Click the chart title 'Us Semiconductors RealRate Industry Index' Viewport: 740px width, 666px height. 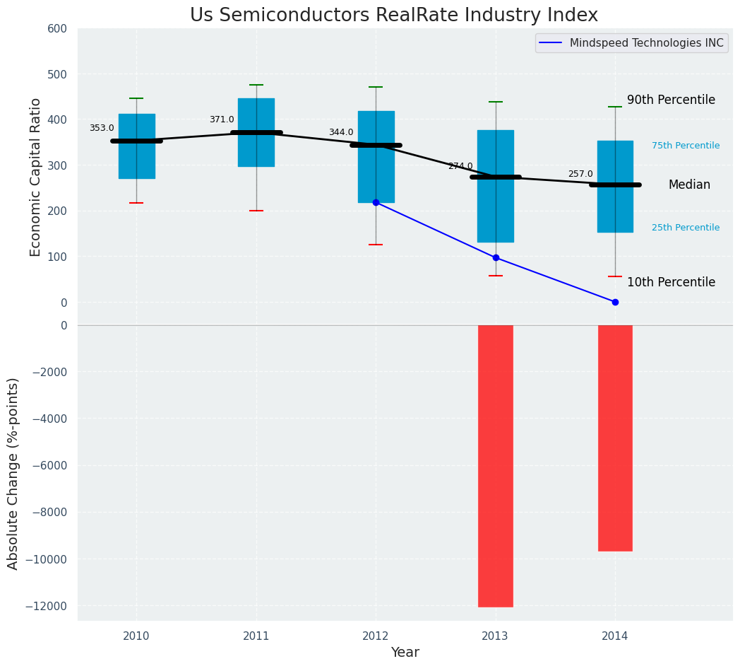(x=393, y=16)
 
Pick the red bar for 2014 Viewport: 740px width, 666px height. (x=615, y=438)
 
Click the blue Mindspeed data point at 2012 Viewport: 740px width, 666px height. (x=376, y=202)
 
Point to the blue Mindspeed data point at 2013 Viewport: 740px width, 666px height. (x=496, y=257)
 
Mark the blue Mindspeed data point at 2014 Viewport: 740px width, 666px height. (x=615, y=302)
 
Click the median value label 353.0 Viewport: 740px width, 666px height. (x=102, y=128)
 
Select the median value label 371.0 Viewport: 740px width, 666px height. (x=222, y=119)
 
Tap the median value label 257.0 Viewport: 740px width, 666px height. (x=580, y=174)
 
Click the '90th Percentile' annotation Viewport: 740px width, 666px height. (x=671, y=100)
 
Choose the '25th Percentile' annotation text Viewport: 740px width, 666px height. (x=686, y=228)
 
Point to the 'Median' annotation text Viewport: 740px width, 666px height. (x=689, y=185)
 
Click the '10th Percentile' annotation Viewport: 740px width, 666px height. (x=671, y=282)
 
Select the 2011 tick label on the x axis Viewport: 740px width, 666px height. (x=256, y=636)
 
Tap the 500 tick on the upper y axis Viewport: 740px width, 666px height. (x=57, y=74)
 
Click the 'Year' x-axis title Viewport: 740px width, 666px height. (x=405, y=653)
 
